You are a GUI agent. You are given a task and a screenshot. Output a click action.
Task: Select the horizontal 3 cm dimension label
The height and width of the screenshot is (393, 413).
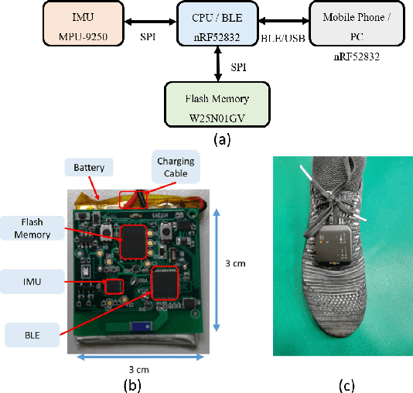click(139, 371)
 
